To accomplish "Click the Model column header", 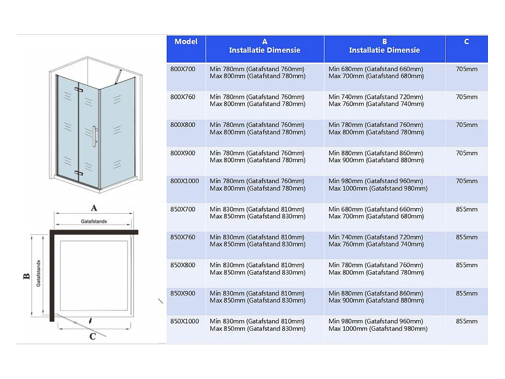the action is click(x=186, y=42).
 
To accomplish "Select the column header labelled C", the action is click(x=466, y=42).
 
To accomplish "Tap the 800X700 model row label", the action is click(x=183, y=69).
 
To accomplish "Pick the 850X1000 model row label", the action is click(x=185, y=321).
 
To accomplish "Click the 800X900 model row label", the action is click(x=183, y=153).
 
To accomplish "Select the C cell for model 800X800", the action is click(x=467, y=125).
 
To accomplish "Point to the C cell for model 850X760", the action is click(x=467, y=237).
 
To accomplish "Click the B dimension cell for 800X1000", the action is click(x=378, y=184).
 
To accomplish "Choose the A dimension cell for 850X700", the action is click(x=258, y=213).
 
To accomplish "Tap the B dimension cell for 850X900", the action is click(x=376, y=297).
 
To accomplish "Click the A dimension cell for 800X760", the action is click(x=258, y=100).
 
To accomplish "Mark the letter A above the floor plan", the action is click(x=94, y=208).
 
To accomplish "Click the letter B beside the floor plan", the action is click(x=26, y=276).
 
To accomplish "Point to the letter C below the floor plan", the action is click(x=93, y=336).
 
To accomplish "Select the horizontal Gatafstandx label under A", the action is click(x=94, y=221).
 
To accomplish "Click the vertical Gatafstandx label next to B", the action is click(x=38, y=273).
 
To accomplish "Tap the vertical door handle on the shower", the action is click(x=95, y=136).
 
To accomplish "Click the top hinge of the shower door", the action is click(x=79, y=90).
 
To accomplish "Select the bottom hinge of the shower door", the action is click(x=79, y=173).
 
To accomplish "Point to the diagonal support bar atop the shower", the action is click(x=118, y=77).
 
